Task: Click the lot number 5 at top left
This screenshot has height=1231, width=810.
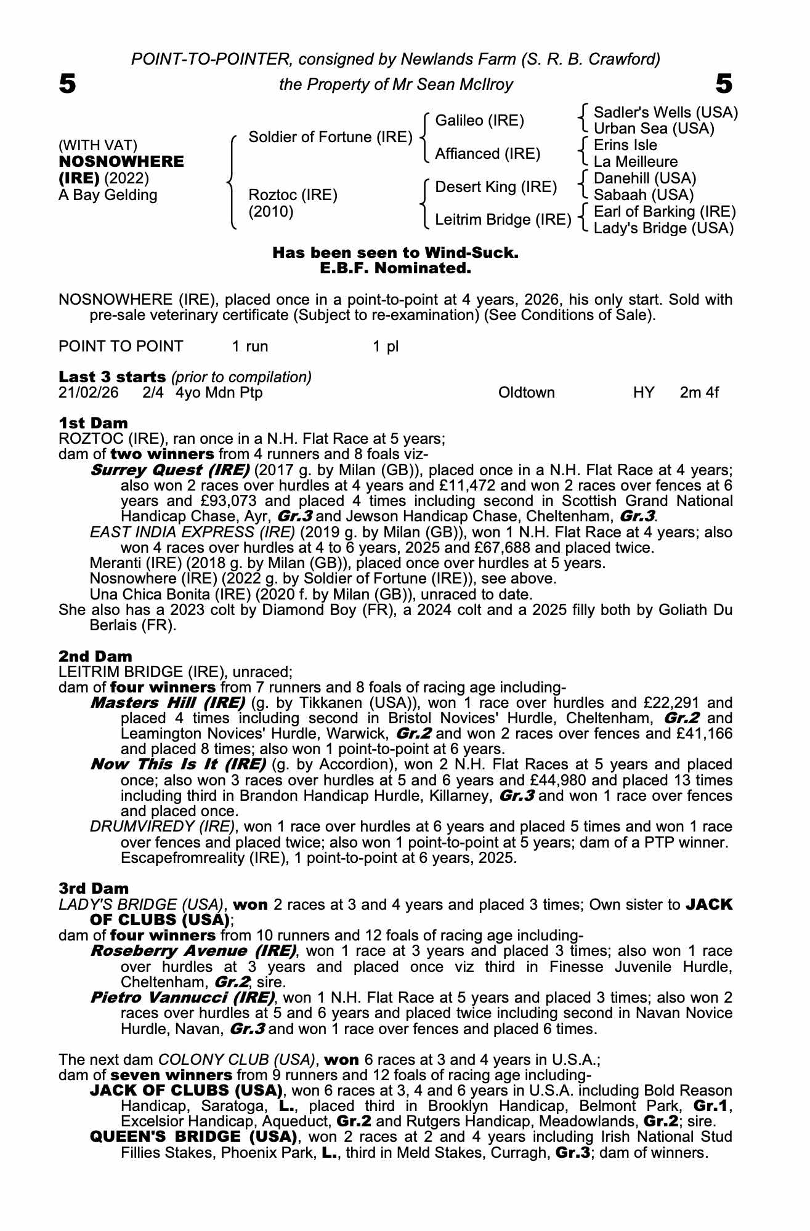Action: [x=67, y=84]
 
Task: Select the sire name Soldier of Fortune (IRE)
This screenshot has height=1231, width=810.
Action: [x=330, y=137]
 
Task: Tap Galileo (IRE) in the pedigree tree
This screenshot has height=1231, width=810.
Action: [x=479, y=121]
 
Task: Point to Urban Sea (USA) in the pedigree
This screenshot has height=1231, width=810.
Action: [x=654, y=129]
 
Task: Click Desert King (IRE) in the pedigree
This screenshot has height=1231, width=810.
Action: [x=495, y=186]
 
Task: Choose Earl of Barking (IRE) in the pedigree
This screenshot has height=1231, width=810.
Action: [x=665, y=212]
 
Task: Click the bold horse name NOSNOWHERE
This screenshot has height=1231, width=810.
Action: [x=121, y=162]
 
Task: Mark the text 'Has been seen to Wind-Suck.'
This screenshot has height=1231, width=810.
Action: [x=395, y=253]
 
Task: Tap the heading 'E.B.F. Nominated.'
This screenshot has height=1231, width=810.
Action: [x=395, y=268]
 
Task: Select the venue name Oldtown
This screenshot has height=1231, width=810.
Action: [x=526, y=393]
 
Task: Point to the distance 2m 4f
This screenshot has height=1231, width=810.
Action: [x=699, y=393]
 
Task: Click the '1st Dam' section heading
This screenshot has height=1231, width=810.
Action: [x=93, y=423]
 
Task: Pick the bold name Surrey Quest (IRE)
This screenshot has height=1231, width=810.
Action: [x=169, y=470]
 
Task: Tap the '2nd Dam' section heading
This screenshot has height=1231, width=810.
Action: [x=95, y=657]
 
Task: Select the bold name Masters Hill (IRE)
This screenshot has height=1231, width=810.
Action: [x=168, y=703]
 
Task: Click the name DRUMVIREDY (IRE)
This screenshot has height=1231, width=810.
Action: [x=162, y=826]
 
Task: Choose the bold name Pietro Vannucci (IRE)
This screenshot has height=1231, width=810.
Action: [x=182, y=997]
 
